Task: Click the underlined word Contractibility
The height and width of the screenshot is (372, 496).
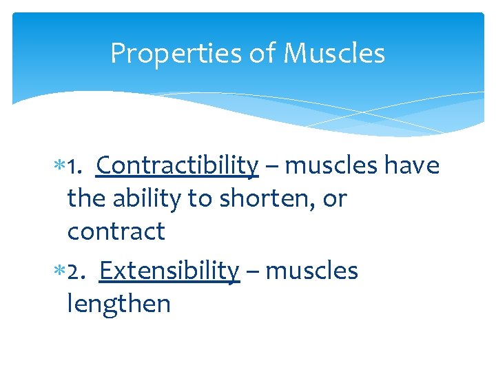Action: click(x=177, y=166)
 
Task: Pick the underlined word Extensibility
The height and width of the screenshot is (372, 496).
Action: click(x=169, y=271)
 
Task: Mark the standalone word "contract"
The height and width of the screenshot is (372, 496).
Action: click(x=116, y=232)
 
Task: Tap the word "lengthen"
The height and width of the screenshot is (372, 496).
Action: click(x=118, y=304)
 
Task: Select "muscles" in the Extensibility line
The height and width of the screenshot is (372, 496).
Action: click(x=311, y=271)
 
